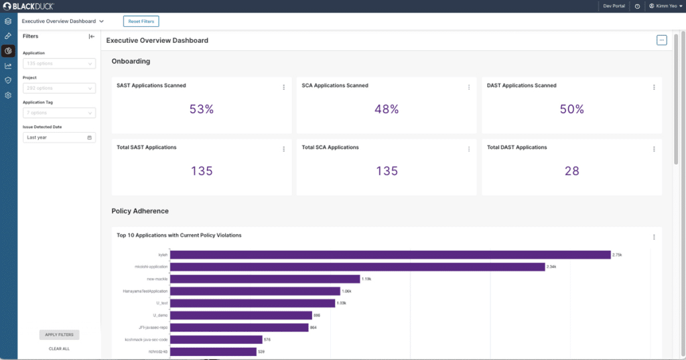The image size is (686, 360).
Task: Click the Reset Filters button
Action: pos(141,21)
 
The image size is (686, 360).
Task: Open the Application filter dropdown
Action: pos(60,64)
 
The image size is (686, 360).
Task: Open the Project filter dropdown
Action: pos(60,88)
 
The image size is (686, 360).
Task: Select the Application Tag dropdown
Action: pos(60,113)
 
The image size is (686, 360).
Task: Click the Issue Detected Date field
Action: pos(60,137)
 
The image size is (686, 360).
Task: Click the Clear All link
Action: pos(59,349)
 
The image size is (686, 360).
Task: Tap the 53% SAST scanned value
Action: pos(201,109)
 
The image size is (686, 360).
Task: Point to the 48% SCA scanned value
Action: pos(387,109)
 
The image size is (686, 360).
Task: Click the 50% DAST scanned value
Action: pos(571,109)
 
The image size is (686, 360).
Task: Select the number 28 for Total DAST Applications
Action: pos(571,171)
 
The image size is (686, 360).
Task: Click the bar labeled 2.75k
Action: pos(390,255)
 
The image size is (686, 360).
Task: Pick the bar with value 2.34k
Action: pos(357,267)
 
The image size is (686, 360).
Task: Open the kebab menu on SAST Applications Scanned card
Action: pos(283,87)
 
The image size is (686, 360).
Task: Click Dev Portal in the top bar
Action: pos(614,6)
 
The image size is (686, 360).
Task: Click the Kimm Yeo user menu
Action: pos(663,6)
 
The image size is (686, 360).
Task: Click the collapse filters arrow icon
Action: pos(92,37)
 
